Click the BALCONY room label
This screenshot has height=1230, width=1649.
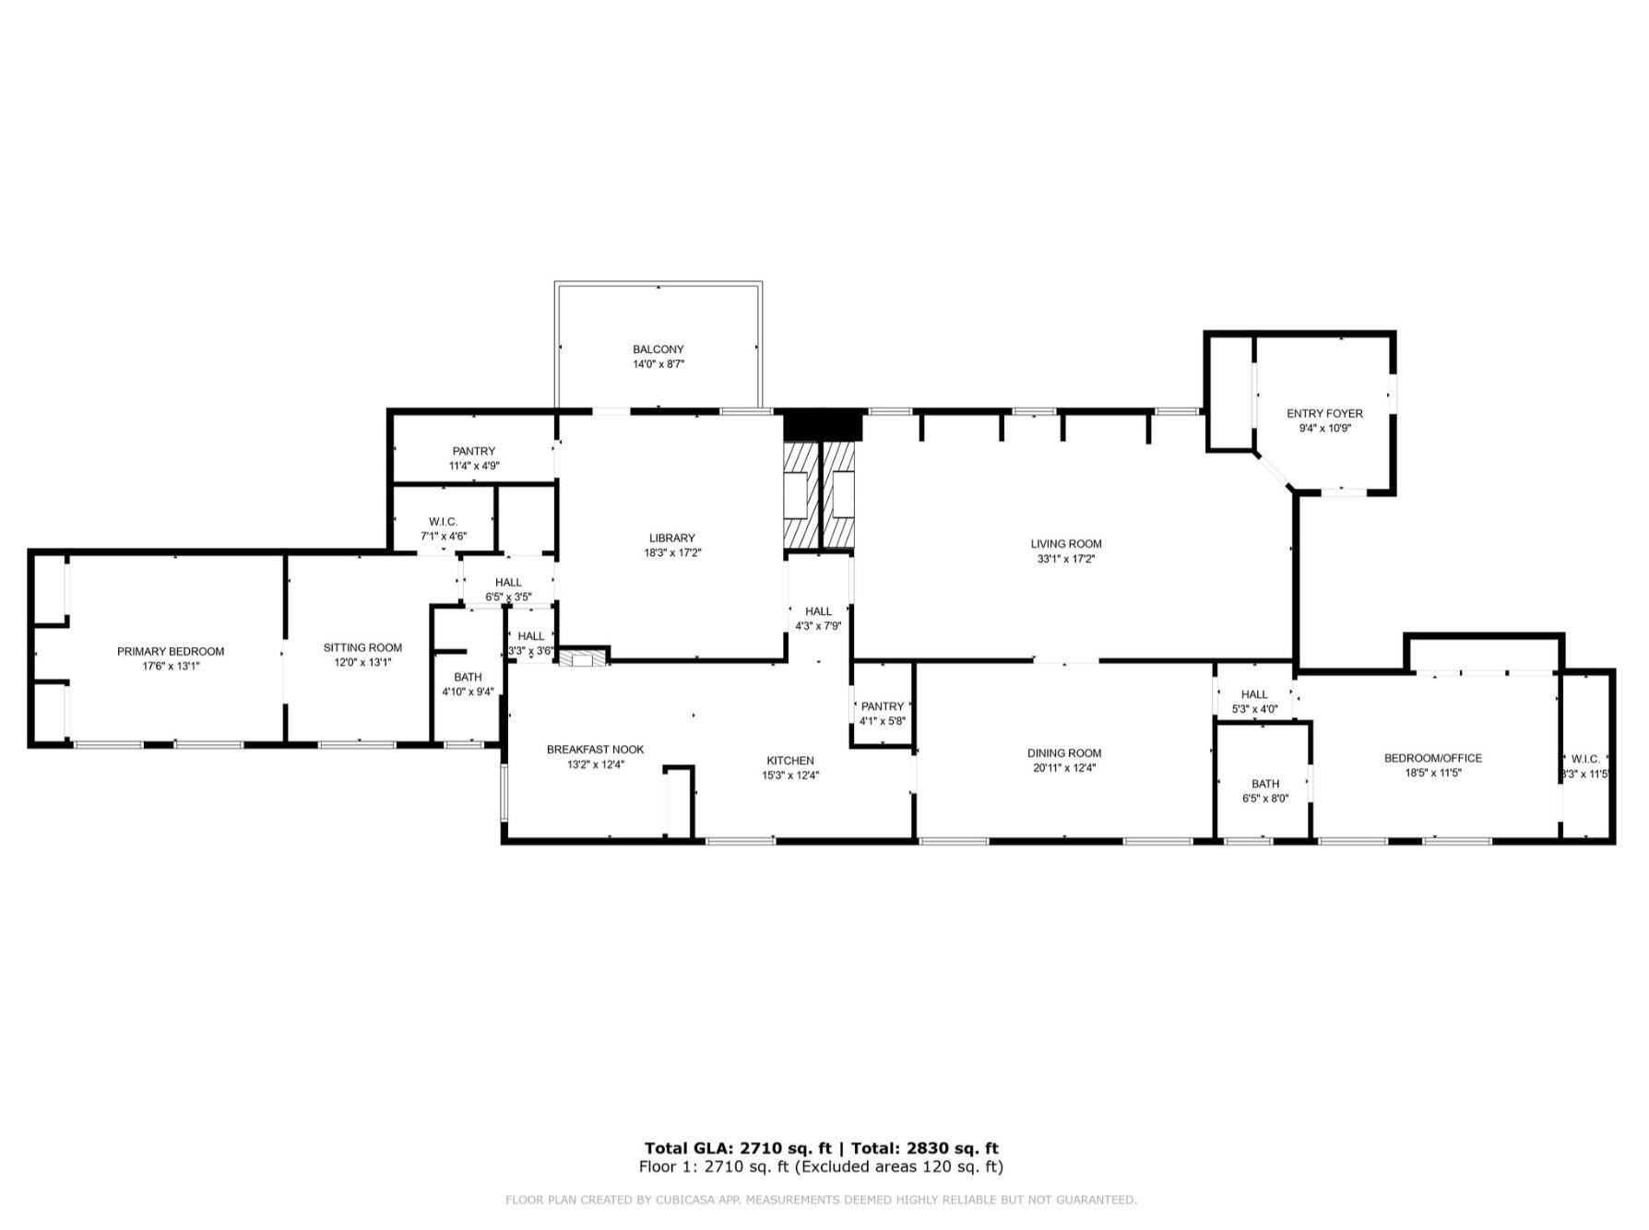[x=658, y=349]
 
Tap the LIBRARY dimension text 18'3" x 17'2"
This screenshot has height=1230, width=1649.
[x=672, y=553]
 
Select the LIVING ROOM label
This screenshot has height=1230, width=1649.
[x=1066, y=544]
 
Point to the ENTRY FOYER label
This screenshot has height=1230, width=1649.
[x=1324, y=414]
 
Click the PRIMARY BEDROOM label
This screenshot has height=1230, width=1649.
[x=171, y=652]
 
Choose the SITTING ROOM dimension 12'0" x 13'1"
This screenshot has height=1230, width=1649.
[x=362, y=663]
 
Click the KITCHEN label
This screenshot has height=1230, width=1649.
[x=790, y=761]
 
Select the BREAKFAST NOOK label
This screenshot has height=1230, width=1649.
[x=595, y=750]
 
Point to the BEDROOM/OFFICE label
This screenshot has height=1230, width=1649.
[x=1432, y=759]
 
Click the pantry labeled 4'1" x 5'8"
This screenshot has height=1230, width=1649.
[x=883, y=714]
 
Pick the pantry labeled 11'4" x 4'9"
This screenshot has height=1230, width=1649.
[x=474, y=458]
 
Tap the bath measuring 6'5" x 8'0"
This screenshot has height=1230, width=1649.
[x=1265, y=791]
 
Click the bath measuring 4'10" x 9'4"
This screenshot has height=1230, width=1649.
[x=468, y=684]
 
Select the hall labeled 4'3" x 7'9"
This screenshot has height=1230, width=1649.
[x=818, y=619]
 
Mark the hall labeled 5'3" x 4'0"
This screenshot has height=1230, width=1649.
[x=1254, y=702]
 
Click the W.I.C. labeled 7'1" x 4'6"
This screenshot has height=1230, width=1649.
[x=444, y=528]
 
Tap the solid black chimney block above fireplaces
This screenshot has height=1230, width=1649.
[x=822, y=427]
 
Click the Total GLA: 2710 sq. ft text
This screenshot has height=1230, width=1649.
[x=738, y=1148]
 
